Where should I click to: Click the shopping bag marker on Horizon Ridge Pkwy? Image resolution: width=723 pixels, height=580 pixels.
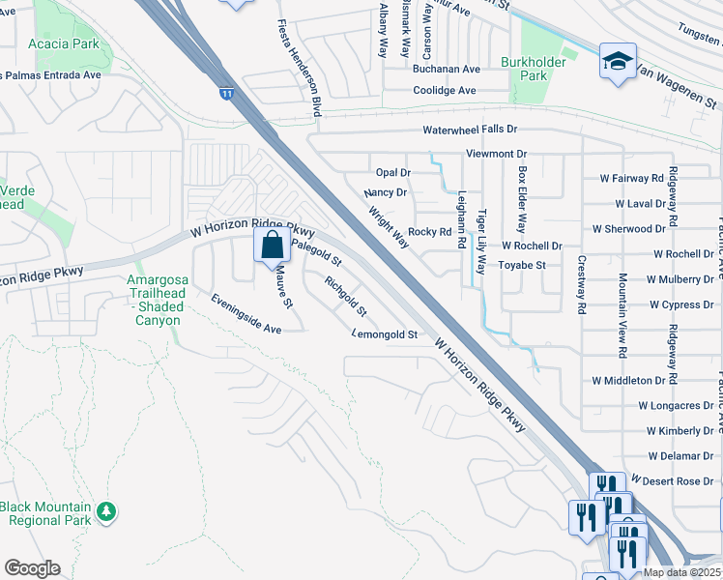pos(273,245)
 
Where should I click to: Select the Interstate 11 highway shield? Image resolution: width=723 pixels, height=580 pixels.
pos(225,94)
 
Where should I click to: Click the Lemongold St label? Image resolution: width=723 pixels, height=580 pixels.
pos(384,334)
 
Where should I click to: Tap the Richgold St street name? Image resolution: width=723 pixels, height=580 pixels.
pos(345,297)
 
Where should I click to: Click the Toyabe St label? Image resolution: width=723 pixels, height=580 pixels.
pos(522,265)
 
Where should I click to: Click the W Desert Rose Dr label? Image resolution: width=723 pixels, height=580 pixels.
pos(673,480)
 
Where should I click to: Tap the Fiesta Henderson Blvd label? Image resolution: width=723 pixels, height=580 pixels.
pos(299,68)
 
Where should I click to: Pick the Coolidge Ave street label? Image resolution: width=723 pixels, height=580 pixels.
pos(445,91)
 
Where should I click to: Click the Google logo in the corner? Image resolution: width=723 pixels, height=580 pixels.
pos(32,568)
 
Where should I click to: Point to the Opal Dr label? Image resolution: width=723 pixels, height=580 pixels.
pos(393,173)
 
